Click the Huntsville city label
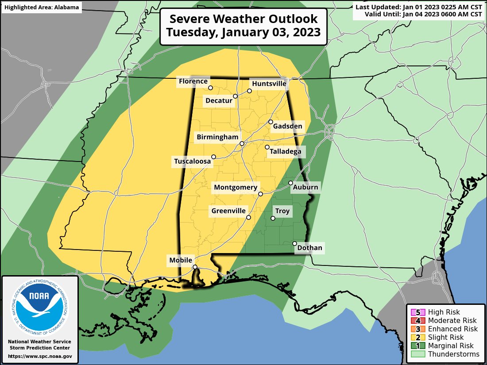269,83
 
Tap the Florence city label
193,81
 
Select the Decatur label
219,101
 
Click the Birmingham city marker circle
242,144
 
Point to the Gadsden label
287,127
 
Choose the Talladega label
285,152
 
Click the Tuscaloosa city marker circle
214,157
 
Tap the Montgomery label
235,188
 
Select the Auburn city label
305,187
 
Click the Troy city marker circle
273,219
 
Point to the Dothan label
309,248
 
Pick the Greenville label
228,211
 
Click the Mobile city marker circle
194,267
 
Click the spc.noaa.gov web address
40,356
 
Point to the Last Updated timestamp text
418,7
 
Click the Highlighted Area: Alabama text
42,8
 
